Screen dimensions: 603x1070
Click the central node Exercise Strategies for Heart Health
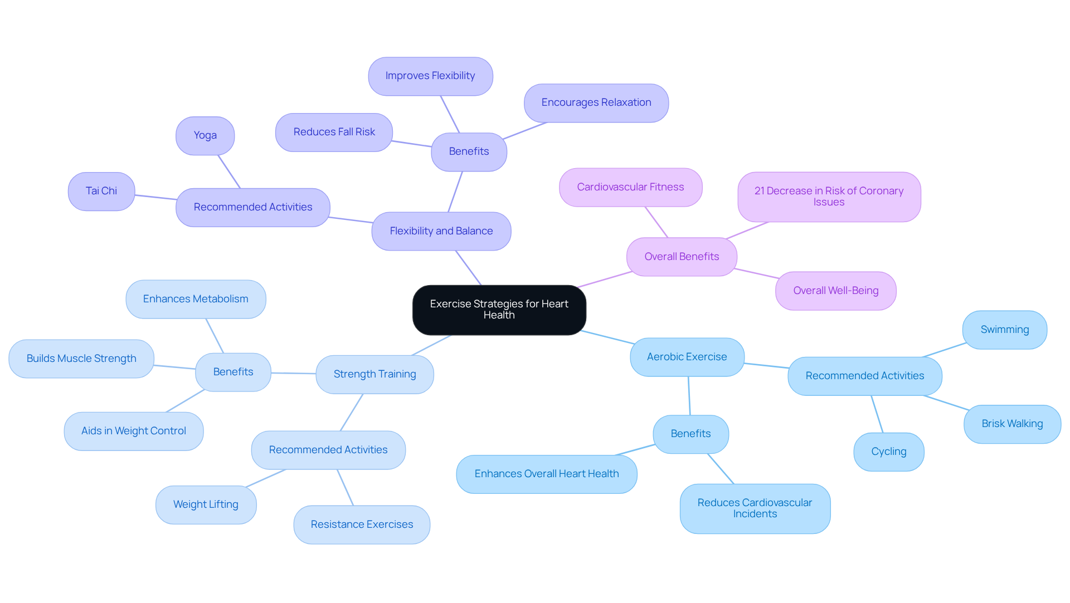pyautogui.click(x=499, y=310)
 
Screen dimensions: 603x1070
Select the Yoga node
pyautogui.click(x=205, y=135)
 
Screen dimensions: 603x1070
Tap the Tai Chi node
pyautogui.click(x=101, y=191)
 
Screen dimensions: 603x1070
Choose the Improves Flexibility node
pyautogui.click(x=430, y=76)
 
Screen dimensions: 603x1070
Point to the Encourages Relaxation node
pyautogui.click(x=596, y=102)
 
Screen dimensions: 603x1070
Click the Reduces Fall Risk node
pyautogui.click(x=334, y=132)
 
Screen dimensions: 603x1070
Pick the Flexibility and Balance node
pyautogui.click(x=441, y=231)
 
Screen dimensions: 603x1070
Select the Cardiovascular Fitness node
pyautogui.click(x=630, y=187)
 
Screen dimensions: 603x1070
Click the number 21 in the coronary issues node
pyautogui.click(x=760, y=191)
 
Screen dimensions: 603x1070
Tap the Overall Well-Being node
pyautogui.click(x=835, y=291)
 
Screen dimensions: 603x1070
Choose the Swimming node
pyautogui.click(x=1004, y=330)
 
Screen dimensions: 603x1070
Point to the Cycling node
pyautogui.click(x=888, y=452)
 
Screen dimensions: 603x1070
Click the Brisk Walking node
pyautogui.click(x=1012, y=424)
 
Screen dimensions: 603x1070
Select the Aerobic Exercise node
pyautogui.click(x=687, y=357)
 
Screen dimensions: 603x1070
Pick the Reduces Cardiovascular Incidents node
pyautogui.click(x=755, y=508)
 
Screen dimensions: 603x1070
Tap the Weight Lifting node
pyautogui.click(x=206, y=504)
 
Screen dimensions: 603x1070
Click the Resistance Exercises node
pyautogui.click(x=362, y=524)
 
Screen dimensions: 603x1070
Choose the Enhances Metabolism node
pyautogui.click(x=196, y=299)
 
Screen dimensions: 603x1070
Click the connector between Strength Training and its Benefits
pyautogui.click(x=294, y=373)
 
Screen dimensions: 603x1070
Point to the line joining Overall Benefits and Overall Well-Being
pyautogui.click(x=756, y=273)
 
